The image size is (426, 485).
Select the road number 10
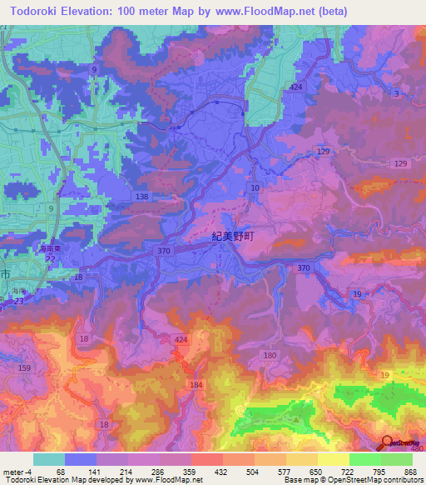click(255, 189)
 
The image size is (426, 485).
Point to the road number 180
click(270, 356)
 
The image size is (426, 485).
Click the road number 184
click(196, 384)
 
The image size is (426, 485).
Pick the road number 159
click(23, 368)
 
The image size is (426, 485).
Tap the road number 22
click(50, 259)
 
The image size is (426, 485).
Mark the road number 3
click(397, 93)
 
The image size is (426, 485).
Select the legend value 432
click(222, 471)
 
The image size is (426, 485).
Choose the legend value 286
click(159, 471)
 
